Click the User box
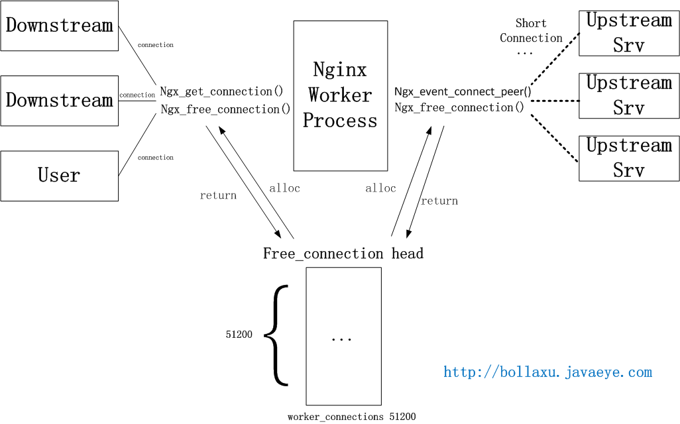click(59, 176)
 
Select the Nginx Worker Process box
click(340, 95)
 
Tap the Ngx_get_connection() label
click(221, 91)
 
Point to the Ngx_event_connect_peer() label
click(463, 91)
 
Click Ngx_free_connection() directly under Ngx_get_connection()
click(225, 109)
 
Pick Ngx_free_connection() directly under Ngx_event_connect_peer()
click(459, 107)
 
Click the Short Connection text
click(531, 30)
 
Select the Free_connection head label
click(343, 254)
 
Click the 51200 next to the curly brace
click(239, 335)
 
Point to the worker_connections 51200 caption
click(351, 417)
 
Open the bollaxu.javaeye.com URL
click(547, 372)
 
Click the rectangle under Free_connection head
click(343, 336)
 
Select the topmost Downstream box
click(59, 26)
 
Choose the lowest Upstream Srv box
click(628, 158)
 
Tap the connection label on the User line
click(155, 158)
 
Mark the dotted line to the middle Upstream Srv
click(554, 101)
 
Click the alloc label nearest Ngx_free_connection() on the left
click(284, 188)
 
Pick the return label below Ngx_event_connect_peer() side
click(439, 201)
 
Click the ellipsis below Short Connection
click(524, 52)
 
